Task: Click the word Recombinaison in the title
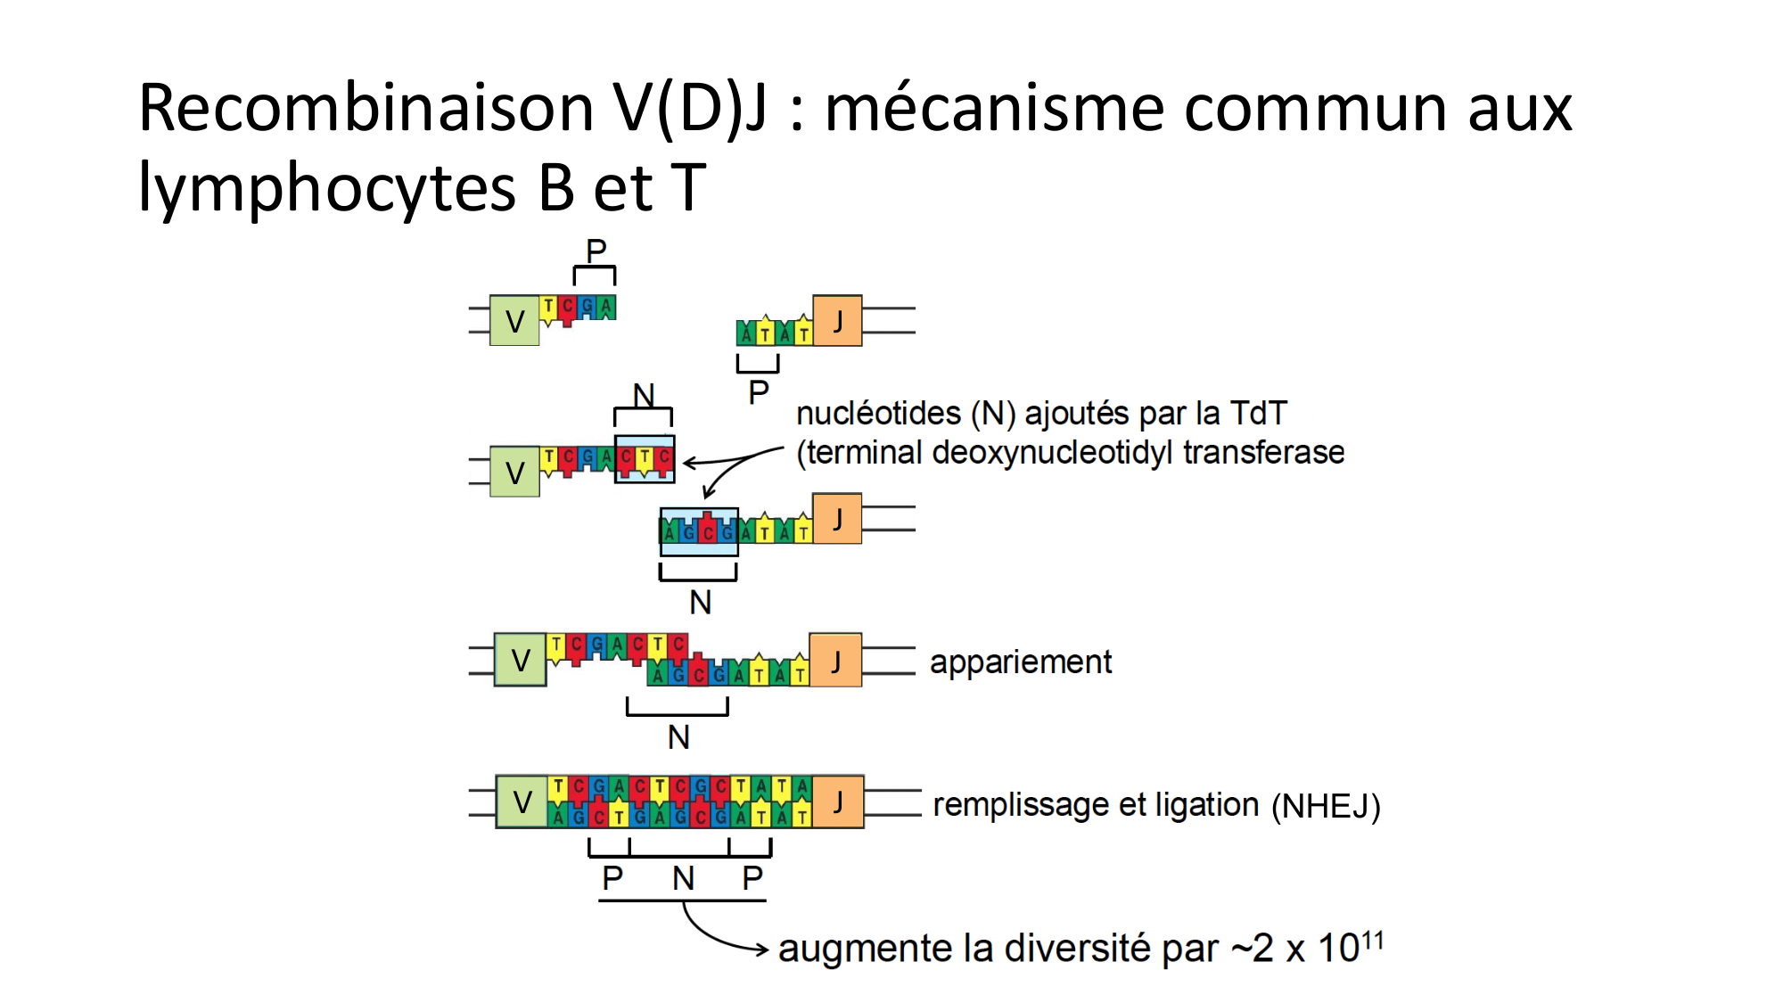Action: [x=366, y=108]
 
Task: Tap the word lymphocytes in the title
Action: [x=326, y=188]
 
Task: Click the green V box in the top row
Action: [x=514, y=321]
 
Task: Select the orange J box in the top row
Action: [x=837, y=321]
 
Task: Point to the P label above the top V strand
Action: [x=596, y=251]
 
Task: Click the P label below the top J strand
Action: [x=759, y=392]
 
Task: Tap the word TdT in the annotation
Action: [x=1258, y=414]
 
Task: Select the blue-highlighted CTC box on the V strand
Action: [x=645, y=459]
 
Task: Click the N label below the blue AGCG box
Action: [x=701, y=603]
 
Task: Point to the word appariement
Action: [x=1021, y=662]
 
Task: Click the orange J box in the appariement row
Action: [x=835, y=661]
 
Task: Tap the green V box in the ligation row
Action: [x=522, y=802]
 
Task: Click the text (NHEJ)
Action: [x=1326, y=806]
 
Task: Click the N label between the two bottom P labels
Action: [x=683, y=879]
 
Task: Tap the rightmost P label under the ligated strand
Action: [x=752, y=879]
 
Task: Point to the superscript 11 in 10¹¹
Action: [x=1373, y=940]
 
